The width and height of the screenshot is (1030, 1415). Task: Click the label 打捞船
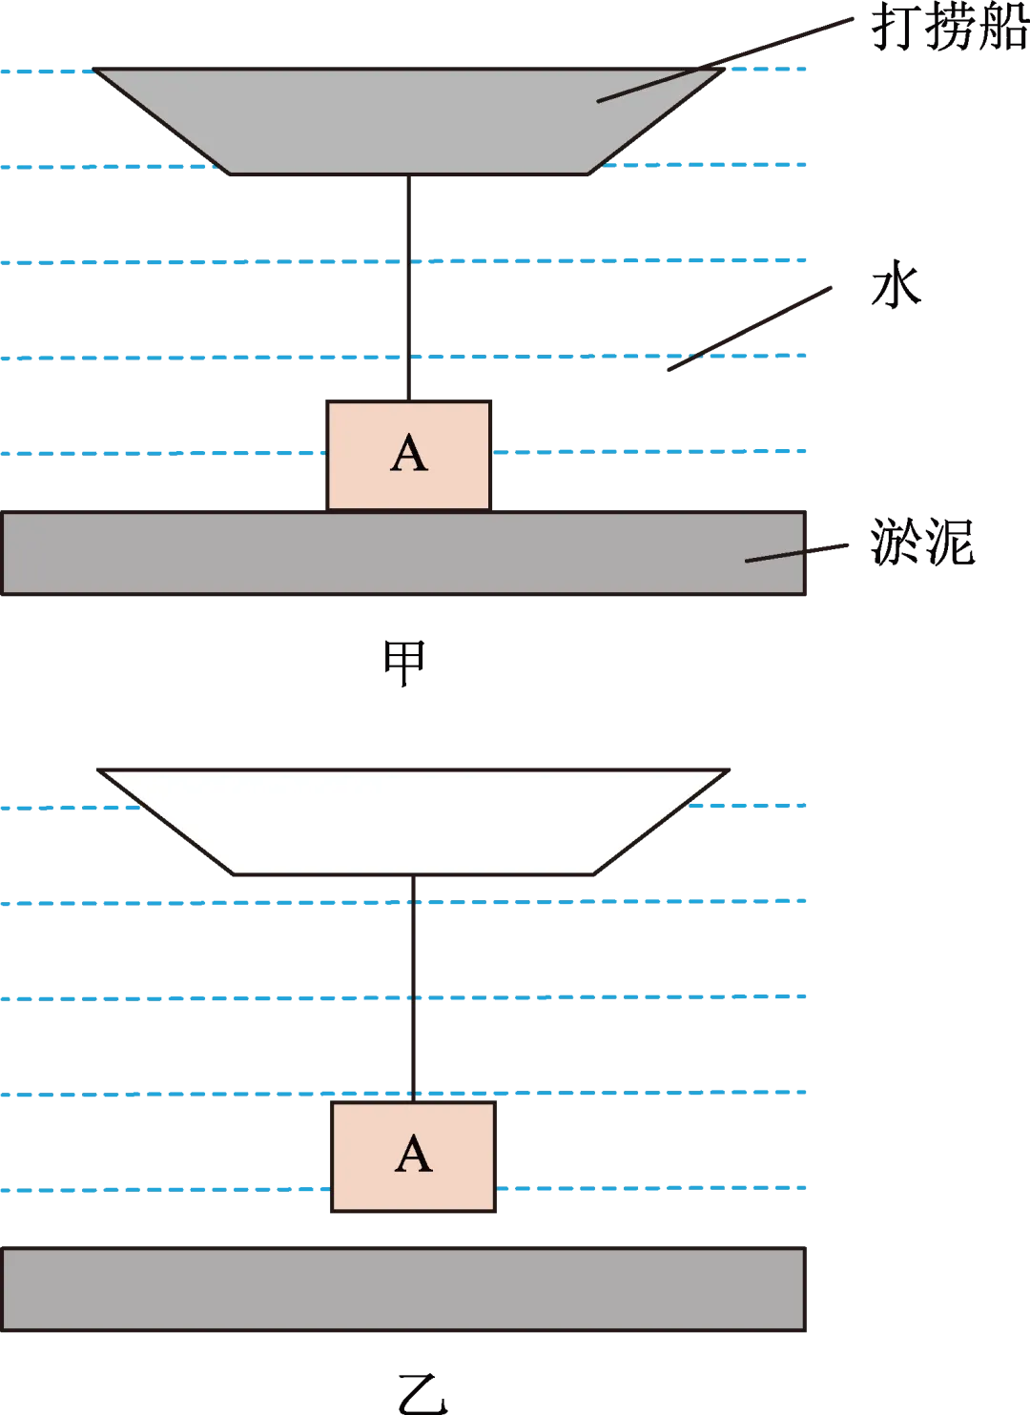click(951, 27)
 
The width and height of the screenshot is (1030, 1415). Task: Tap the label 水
click(896, 284)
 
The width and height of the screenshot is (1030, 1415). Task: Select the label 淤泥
click(922, 541)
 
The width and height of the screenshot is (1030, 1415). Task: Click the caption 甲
click(404, 663)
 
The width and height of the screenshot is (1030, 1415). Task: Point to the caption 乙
click(422, 1393)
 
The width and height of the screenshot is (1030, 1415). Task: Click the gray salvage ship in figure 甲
click(409, 121)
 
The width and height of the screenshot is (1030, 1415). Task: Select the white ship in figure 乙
click(413, 822)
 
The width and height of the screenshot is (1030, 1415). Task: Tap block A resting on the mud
click(409, 455)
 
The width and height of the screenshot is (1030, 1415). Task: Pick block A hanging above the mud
click(413, 1157)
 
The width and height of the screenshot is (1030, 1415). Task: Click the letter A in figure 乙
click(413, 1153)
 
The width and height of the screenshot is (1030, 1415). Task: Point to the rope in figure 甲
click(409, 287)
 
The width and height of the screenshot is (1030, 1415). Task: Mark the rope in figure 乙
click(413, 989)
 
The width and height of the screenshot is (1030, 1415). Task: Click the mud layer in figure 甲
click(403, 553)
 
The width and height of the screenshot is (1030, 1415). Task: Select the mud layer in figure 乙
click(403, 1289)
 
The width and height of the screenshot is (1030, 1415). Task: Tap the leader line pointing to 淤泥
click(797, 553)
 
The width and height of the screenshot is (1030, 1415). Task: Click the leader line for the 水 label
click(750, 328)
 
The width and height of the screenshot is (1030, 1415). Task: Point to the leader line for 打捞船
click(726, 60)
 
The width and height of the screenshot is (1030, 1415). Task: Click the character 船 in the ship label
click(1004, 27)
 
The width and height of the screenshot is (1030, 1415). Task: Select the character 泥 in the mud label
click(950, 542)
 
